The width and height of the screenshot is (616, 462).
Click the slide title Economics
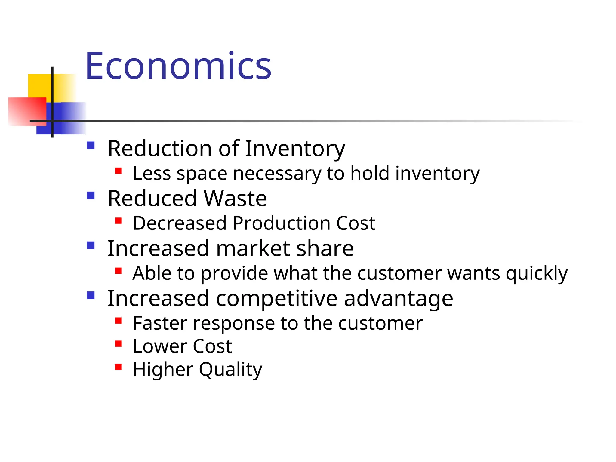[178, 66]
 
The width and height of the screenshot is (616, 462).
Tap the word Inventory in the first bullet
[295, 149]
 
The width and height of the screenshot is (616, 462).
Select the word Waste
[235, 199]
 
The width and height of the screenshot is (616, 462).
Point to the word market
[253, 248]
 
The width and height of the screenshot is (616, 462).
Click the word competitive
[277, 298]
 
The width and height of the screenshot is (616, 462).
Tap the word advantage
[398, 299]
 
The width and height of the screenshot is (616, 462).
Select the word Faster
[160, 323]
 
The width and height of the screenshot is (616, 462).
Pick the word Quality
[230, 369]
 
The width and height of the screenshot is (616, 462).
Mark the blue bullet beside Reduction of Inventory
[91, 146]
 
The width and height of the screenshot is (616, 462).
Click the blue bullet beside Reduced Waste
[91, 196]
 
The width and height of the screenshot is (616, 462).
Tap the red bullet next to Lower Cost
[118, 344]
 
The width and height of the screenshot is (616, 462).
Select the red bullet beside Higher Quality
[118, 367]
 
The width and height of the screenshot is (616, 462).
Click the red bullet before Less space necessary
[118, 171]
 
